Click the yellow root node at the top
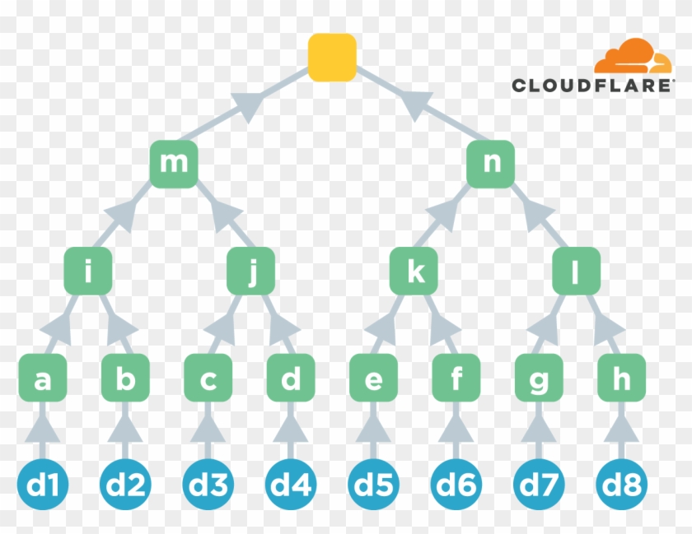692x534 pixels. pyautogui.click(x=332, y=58)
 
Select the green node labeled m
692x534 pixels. pyautogui.click(x=174, y=164)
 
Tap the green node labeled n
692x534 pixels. pyautogui.click(x=491, y=164)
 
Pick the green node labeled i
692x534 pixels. pyautogui.click(x=88, y=271)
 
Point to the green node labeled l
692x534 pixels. pyautogui.click(x=576, y=271)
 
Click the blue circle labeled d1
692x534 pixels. pyautogui.click(x=43, y=485)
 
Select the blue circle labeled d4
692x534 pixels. pyautogui.click(x=291, y=485)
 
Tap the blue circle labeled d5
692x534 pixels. pyautogui.click(x=374, y=485)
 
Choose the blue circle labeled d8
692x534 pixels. pyautogui.click(x=622, y=485)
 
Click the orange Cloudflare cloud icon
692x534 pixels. pyautogui.click(x=632, y=58)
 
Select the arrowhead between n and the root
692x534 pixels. pyautogui.click(x=416, y=104)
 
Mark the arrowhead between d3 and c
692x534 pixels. pyautogui.click(x=208, y=429)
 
